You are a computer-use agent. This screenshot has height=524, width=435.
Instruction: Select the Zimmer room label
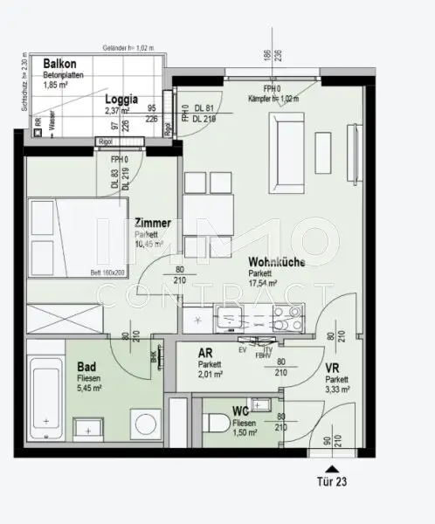click(x=152, y=224)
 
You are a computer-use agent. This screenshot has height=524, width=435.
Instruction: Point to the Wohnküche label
click(x=276, y=262)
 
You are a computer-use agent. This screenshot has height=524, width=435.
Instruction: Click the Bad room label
click(x=86, y=368)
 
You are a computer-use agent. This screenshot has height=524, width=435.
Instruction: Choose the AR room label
click(x=206, y=354)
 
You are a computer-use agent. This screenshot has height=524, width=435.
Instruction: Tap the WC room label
click(x=242, y=410)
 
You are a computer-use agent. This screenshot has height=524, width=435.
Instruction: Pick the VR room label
click(x=334, y=369)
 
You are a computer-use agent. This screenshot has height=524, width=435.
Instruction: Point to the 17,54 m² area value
click(x=263, y=284)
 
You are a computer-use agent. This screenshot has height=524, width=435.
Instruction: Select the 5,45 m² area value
click(x=90, y=390)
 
